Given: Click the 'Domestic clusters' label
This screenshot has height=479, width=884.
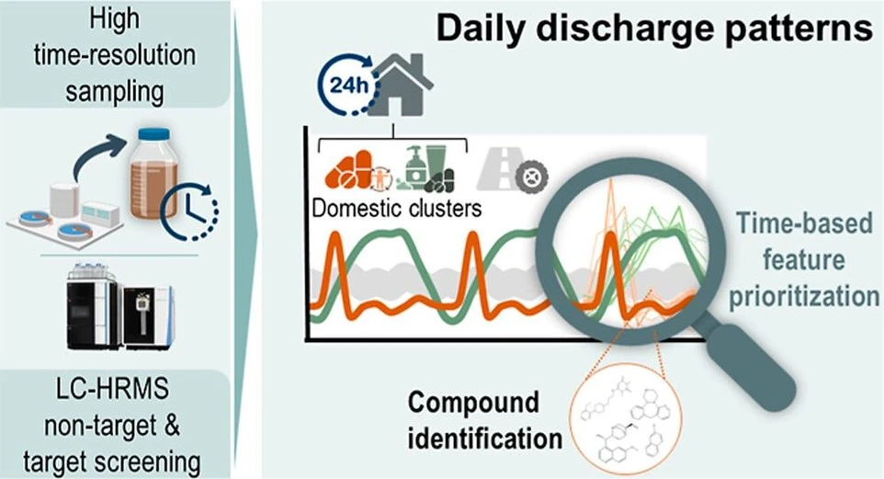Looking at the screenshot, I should (x=396, y=208).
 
